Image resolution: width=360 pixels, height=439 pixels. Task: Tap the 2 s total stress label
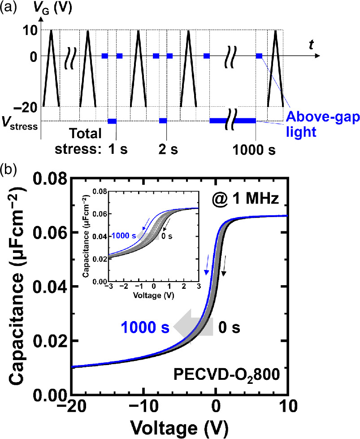click(166, 149)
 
